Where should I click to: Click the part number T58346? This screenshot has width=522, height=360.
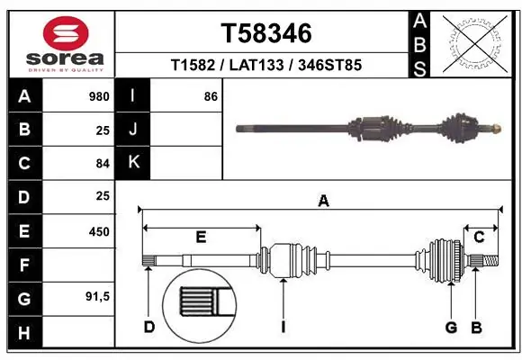tap(266, 33)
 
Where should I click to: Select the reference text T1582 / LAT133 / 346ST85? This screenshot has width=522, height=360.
tap(266, 66)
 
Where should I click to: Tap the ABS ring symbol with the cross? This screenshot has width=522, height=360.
tap(474, 42)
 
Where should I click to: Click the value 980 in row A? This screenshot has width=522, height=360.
tap(99, 95)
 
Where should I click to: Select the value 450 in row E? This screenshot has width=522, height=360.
tap(99, 231)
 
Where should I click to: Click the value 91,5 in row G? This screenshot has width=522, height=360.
tap(97, 298)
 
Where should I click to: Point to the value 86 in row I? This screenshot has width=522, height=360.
tap(211, 95)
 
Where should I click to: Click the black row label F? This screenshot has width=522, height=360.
tap(23, 265)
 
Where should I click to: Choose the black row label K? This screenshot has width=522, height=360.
tap(133, 163)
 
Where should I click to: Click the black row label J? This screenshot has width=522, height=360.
tap(133, 130)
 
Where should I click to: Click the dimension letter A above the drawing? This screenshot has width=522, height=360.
tap(323, 202)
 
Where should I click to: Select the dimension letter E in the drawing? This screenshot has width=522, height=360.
tap(201, 237)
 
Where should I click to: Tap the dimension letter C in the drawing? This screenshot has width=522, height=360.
tap(480, 237)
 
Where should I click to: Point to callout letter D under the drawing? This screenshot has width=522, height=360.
tap(149, 327)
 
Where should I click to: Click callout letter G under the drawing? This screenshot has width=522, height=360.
tap(451, 327)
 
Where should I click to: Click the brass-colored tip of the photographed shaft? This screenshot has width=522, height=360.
tap(494, 128)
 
